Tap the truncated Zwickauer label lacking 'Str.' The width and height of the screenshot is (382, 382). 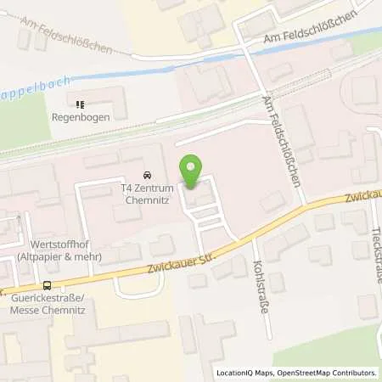362,199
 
